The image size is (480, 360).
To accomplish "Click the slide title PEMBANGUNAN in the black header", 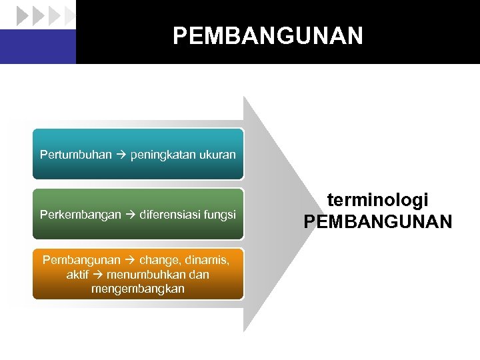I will coord(267,35).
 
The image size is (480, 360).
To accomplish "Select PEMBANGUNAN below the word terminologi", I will coord(377,221).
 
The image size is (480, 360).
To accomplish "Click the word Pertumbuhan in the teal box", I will coord(76,155).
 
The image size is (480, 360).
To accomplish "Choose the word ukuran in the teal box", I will coord(218,155).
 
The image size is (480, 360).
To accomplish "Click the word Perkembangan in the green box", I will coord(80,215).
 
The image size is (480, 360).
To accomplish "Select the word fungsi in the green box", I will coord(221,215).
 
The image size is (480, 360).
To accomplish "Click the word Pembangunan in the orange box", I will coord(81,259).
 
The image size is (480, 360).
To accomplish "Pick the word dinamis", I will coord(208,259).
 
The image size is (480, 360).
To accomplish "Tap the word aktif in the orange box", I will coord(78,274).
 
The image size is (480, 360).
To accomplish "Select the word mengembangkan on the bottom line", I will coord(138,289).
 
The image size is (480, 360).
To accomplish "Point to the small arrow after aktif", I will coord(97,275).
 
